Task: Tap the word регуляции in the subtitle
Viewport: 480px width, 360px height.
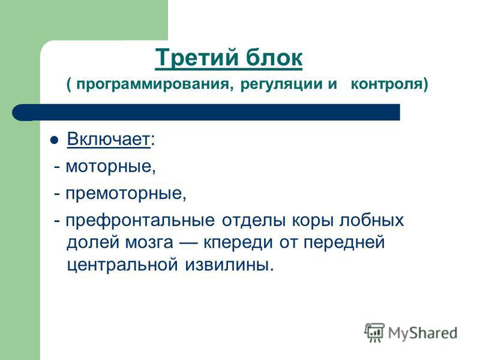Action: point(281,84)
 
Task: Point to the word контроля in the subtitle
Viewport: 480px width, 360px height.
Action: point(386,83)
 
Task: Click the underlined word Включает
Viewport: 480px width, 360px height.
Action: point(109,139)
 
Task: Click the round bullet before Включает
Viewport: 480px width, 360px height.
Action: point(54,140)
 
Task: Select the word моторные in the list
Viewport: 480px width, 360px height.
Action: point(110,167)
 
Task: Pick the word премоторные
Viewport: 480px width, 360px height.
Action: point(125,194)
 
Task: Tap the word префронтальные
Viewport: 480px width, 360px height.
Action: point(140,221)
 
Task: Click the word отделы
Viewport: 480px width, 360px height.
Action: point(254,220)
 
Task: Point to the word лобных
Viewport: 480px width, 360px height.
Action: point(371,220)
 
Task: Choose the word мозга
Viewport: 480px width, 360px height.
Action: point(149,242)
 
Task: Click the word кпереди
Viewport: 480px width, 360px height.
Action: point(238,243)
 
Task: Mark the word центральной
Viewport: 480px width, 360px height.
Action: point(122,265)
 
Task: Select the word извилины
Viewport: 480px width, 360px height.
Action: point(229,265)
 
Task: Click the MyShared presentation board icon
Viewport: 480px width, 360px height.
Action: point(374,332)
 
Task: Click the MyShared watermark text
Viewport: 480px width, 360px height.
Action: point(422,333)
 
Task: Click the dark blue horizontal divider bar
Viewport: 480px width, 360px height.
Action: point(206,112)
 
